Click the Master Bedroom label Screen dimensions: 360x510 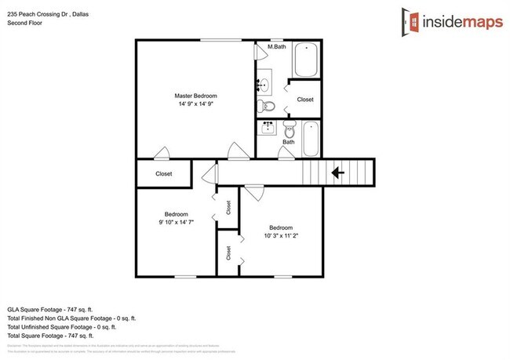pos(195,96)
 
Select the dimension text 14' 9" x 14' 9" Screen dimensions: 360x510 pos(195,104)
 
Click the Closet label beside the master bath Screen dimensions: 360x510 pos(304,100)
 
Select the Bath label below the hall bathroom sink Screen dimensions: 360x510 pos(289,142)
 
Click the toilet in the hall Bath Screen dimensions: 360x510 pos(289,129)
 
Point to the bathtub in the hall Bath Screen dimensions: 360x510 pos(311,138)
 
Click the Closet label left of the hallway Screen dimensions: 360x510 pos(164,173)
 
